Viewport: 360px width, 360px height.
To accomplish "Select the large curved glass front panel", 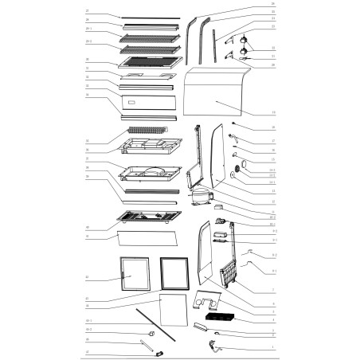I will [216, 100].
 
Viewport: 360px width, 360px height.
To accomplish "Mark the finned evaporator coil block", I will [146, 129].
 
